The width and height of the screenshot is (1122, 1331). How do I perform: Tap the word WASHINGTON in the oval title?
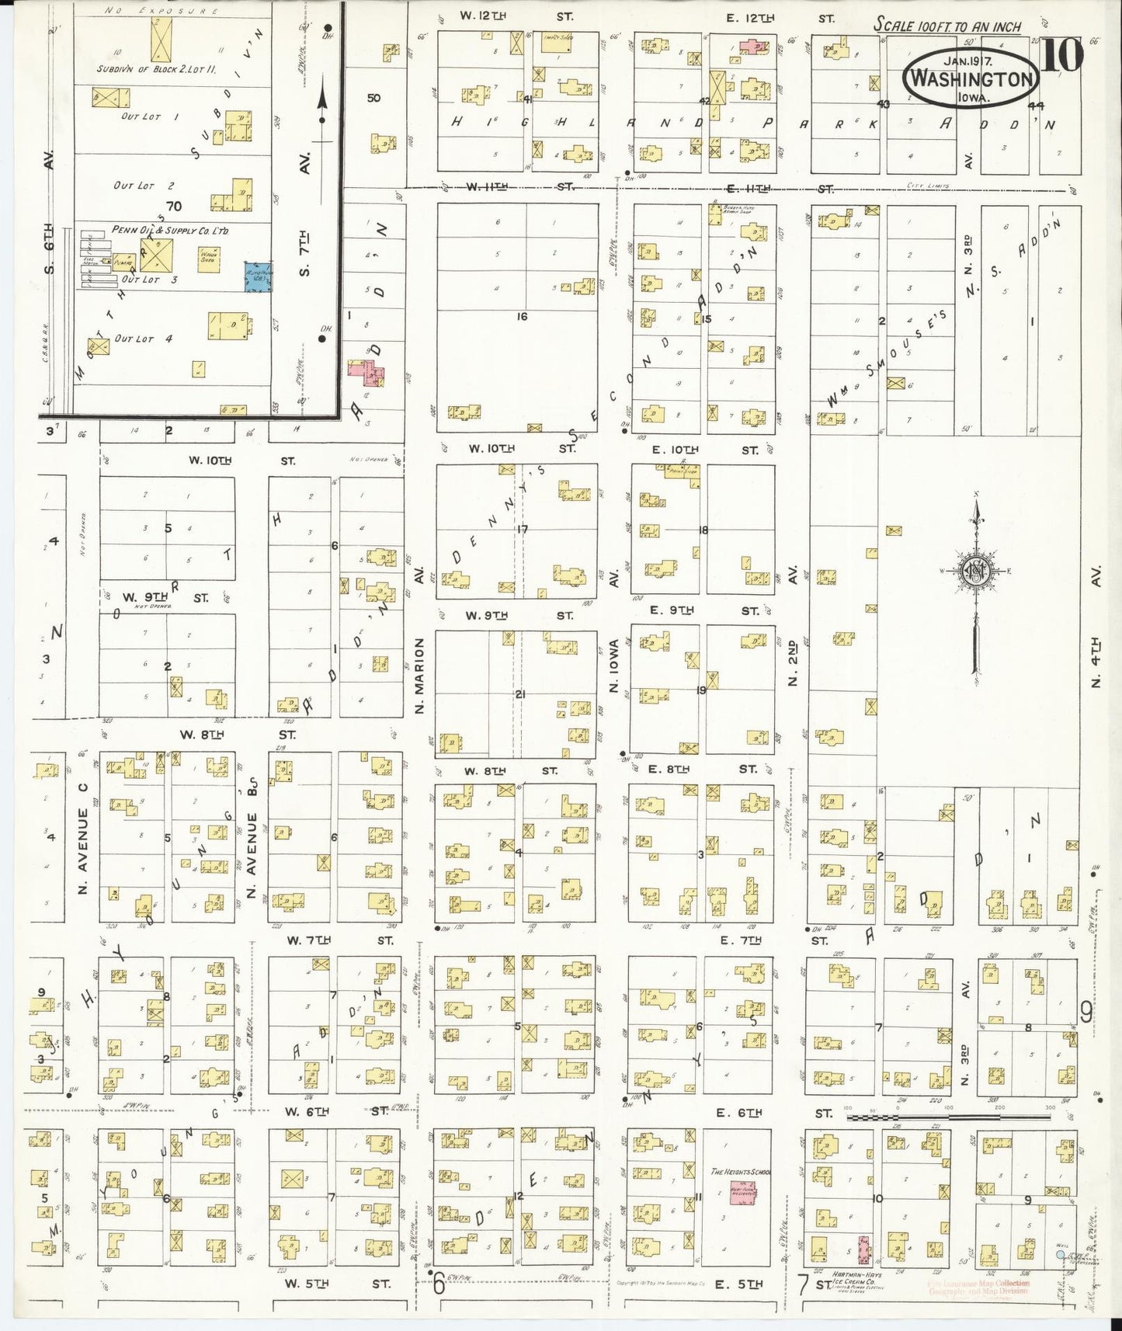(971, 79)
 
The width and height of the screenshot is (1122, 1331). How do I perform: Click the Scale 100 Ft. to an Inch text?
(947, 24)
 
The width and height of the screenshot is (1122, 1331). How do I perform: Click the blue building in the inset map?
(259, 276)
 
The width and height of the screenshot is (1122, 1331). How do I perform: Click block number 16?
(522, 317)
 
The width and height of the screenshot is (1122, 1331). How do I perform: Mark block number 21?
(519, 694)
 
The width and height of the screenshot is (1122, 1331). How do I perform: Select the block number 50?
(374, 98)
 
